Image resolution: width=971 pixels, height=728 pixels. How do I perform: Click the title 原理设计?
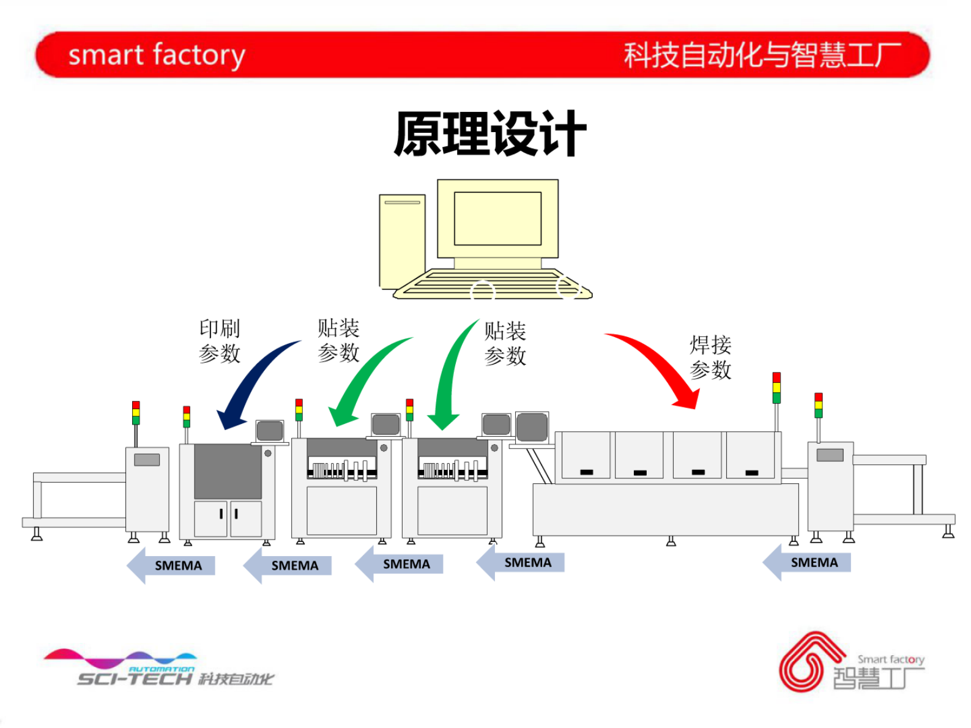click(489, 134)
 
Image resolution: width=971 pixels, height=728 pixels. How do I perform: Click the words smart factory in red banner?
click(157, 55)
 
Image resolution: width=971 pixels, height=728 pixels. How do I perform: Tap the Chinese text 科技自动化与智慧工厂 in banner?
click(762, 55)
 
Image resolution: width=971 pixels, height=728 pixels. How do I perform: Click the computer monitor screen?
click(497, 218)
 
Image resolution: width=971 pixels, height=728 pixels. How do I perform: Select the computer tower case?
click(402, 242)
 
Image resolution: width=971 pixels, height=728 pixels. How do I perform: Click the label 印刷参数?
click(220, 341)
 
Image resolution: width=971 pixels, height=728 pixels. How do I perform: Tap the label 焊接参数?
click(710, 357)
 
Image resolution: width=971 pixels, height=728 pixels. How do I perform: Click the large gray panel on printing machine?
click(228, 471)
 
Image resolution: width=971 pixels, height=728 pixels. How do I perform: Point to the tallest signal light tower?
click(776, 388)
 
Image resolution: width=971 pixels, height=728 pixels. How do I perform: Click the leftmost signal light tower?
click(136, 414)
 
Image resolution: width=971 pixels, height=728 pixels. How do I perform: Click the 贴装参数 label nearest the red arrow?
click(505, 343)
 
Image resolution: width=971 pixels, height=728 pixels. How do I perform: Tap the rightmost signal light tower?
click(818, 406)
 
